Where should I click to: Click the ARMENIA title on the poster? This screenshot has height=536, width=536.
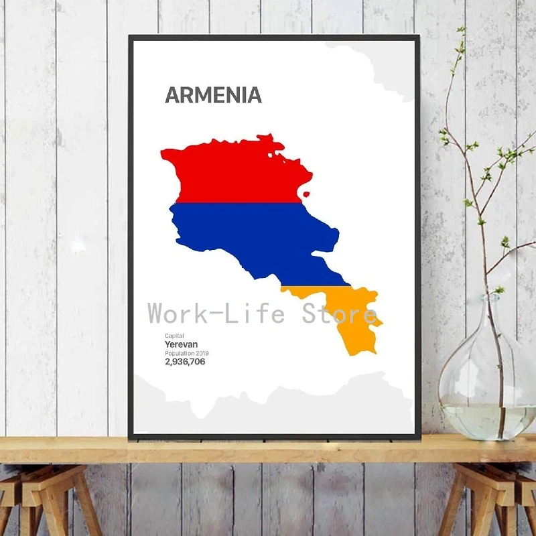click(213, 95)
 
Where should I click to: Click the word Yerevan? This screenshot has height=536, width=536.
click(182, 344)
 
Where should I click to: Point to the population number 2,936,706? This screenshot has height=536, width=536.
click(185, 362)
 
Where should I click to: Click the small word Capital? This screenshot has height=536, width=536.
click(174, 336)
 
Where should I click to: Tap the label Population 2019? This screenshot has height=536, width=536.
click(187, 353)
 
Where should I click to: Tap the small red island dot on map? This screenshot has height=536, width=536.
click(306, 194)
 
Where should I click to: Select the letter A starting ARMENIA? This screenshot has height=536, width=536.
click(172, 95)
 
